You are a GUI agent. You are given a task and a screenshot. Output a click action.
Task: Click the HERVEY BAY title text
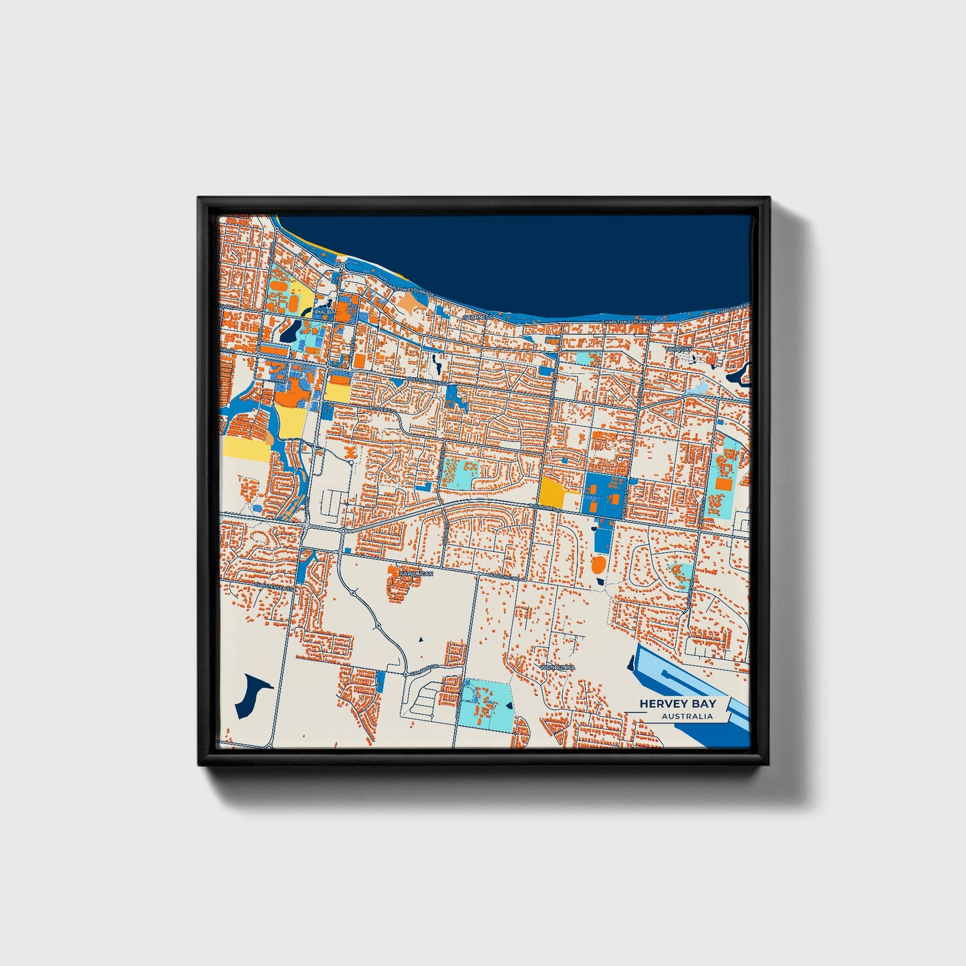click(x=677, y=703)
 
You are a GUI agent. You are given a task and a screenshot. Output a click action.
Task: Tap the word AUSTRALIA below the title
click(x=687, y=717)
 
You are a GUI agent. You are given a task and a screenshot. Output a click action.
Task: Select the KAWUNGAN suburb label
click(x=417, y=574)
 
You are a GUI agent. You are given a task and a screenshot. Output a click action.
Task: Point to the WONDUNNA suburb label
click(x=558, y=667)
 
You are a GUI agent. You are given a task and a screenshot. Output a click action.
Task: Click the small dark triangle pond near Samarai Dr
click(x=421, y=641)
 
